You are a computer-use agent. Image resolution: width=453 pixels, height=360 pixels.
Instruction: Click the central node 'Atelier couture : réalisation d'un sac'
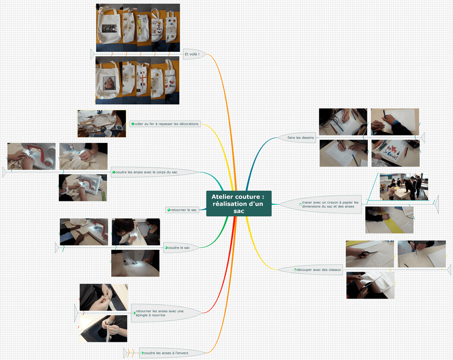coord(239,203)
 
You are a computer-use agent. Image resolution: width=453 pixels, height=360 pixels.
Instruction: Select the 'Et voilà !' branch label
coord(192,54)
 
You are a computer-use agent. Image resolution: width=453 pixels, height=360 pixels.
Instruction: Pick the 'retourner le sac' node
coord(183,209)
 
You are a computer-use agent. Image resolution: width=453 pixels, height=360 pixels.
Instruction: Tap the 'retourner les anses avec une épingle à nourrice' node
coord(160,313)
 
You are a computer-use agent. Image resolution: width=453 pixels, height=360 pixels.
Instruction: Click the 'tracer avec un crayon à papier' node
coord(328,204)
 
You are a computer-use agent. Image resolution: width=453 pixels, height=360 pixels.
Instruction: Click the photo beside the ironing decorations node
coord(102,124)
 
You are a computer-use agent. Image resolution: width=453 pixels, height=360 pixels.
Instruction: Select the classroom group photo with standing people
coord(404,187)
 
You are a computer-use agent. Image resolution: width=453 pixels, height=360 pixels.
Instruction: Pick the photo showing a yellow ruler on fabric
coord(389,220)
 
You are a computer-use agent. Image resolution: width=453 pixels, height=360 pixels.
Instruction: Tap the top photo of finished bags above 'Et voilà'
coord(137,28)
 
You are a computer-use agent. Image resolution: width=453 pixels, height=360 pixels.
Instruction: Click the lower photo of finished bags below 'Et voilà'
coord(137,80)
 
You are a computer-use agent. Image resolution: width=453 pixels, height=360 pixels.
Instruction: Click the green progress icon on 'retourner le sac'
coord(169,209)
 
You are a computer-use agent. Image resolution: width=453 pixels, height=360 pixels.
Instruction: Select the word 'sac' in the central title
coord(239,211)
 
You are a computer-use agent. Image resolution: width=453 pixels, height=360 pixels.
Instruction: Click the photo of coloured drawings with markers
coord(395,153)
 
